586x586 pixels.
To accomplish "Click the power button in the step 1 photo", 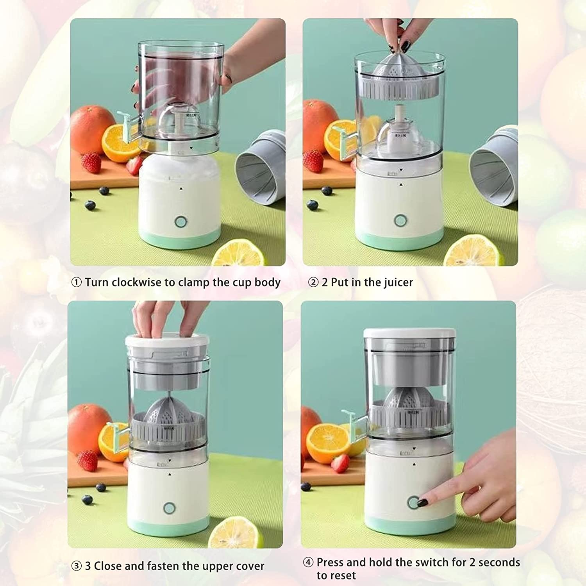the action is point(181,222).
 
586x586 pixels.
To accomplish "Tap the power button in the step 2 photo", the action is point(400,220).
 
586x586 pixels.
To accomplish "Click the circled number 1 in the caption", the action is point(77,282).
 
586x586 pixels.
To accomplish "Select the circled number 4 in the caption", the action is point(308,563).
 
